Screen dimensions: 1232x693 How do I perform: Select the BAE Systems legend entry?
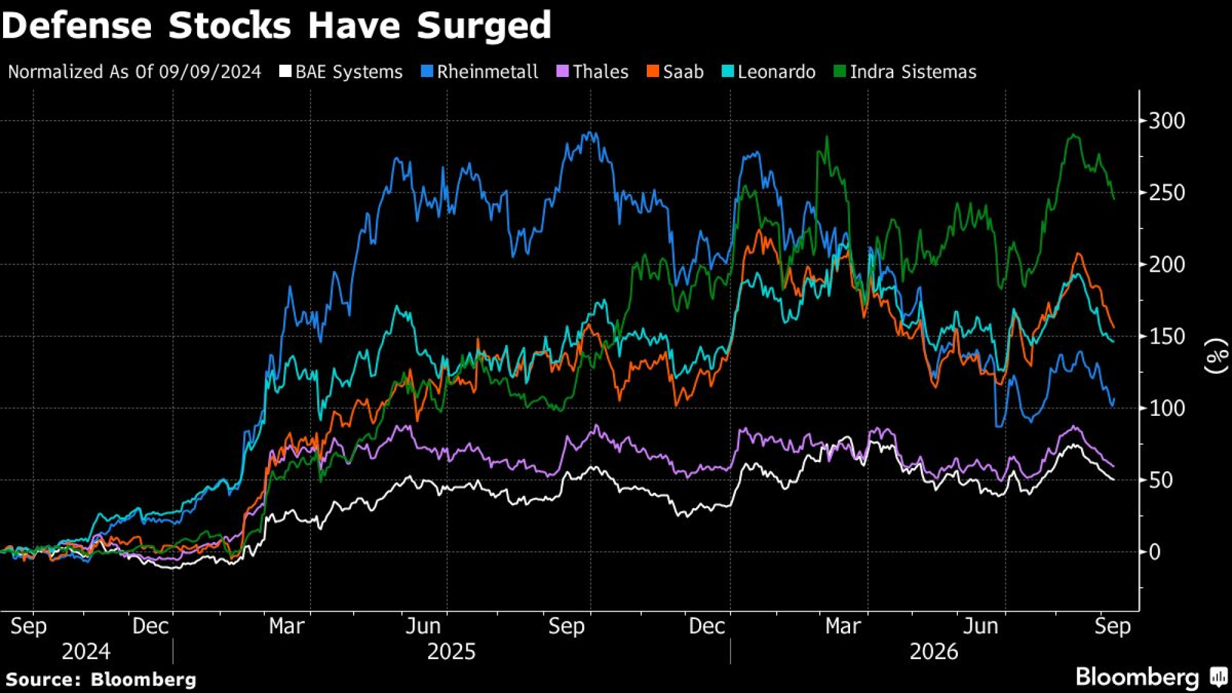(341, 72)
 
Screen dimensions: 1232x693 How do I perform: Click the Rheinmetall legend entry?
(480, 72)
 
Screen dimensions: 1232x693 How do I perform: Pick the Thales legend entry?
(593, 72)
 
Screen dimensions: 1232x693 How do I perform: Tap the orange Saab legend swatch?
(652, 71)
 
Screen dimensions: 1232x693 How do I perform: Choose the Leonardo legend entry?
(769, 72)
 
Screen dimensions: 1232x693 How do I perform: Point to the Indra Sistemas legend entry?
(905, 72)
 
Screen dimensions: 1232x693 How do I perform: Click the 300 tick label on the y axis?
(1167, 121)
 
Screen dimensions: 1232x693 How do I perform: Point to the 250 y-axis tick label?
(1167, 193)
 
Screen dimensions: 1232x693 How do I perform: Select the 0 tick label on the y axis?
(1155, 552)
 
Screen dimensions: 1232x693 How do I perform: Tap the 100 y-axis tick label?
(1167, 408)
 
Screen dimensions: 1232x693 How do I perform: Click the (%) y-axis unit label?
(1216, 356)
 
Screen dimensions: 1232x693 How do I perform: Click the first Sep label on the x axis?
(28, 626)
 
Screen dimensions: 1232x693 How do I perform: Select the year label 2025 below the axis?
(452, 652)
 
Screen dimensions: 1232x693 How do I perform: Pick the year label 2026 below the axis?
(934, 652)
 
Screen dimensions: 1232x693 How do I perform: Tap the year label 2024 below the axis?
(86, 652)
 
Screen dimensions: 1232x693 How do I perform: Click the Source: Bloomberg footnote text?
(101, 679)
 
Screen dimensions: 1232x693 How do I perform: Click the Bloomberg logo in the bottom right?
(1151, 677)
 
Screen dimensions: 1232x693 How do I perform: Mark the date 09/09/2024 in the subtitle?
(210, 72)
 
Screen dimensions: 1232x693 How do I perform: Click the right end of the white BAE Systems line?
(1114, 479)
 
